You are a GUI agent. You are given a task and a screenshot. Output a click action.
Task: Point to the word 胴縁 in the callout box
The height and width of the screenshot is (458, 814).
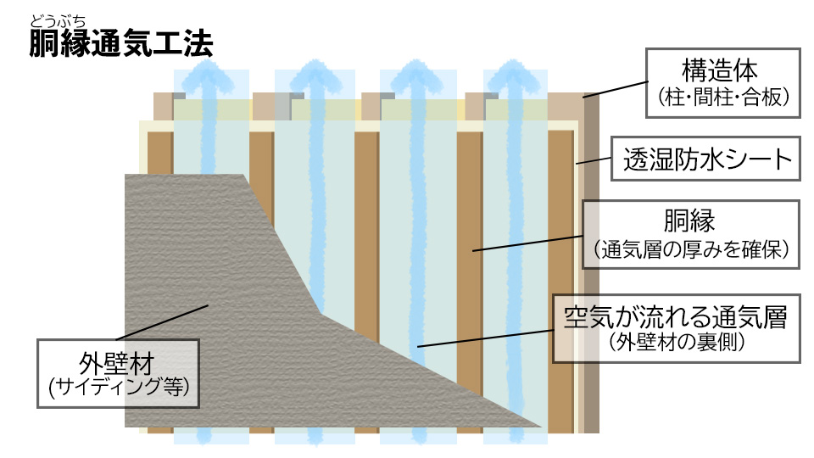point(692,222)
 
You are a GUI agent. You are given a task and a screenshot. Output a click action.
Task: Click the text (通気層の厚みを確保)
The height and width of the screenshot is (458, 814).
point(692,250)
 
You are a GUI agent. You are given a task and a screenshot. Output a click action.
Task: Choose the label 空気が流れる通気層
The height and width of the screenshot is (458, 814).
point(676,318)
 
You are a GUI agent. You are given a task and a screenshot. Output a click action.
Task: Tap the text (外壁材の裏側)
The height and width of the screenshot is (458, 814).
point(677,343)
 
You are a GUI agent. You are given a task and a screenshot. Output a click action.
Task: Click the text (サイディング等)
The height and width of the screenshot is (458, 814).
point(119,387)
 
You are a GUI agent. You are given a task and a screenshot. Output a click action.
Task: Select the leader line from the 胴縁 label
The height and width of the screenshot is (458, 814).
point(526,243)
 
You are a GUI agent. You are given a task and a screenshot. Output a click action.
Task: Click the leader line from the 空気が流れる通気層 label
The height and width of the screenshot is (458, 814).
point(483,337)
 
